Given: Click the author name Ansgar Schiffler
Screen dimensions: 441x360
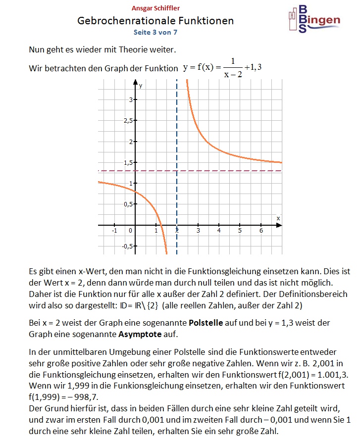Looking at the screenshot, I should coord(155,8).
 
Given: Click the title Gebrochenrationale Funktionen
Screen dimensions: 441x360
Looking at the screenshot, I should coord(155,21).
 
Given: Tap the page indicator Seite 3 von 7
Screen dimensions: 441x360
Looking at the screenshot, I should coord(155,32).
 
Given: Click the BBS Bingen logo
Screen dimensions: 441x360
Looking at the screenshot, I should coord(314,19).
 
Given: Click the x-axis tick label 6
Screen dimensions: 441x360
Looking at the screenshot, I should coord(261,231).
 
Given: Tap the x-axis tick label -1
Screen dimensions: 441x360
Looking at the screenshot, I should coord(114,231).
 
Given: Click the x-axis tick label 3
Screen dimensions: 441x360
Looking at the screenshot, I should coord(198,231).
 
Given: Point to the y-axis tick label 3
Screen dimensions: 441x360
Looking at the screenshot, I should coord(131,100).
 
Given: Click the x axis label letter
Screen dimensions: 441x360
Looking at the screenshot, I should coord(278,218).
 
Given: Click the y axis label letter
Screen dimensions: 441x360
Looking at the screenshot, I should coord(141,86).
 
